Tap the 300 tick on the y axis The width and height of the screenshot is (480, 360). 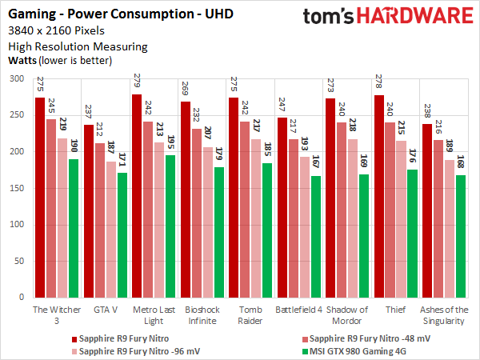pos(18,79)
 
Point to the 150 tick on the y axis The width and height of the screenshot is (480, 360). pos(18,188)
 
